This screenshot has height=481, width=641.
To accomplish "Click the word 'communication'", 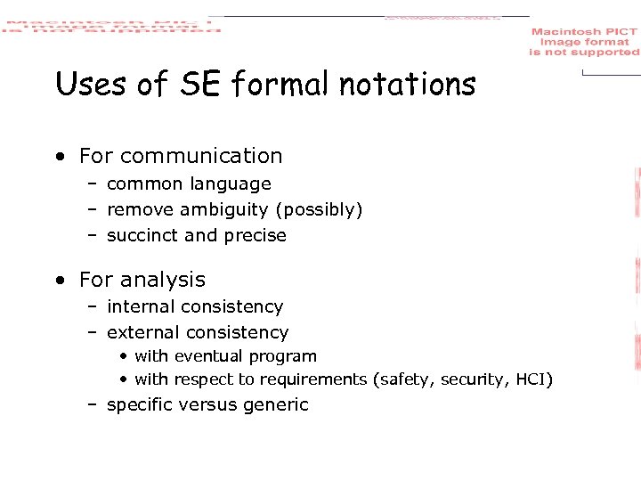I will pos(200,156).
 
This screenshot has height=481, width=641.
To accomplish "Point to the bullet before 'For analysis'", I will pos(59,281).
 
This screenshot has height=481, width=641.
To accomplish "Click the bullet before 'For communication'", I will pos(59,157).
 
